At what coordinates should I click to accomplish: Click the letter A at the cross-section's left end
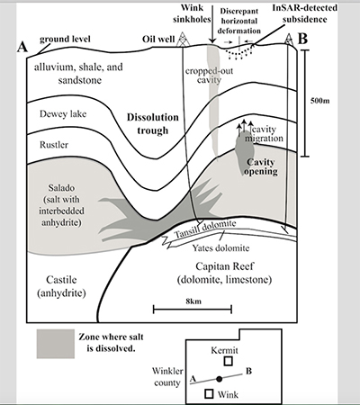[22, 47]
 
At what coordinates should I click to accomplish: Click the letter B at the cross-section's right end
[302, 39]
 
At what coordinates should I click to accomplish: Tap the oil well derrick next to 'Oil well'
[183, 40]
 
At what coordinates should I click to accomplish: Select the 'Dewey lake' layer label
[63, 114]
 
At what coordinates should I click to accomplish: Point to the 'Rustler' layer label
[54, 145]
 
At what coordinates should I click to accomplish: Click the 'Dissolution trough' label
[153, 123]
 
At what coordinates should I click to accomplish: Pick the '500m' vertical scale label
[319, 101]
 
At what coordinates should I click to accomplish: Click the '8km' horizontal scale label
[193, 301]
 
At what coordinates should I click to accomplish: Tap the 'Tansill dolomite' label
[205, 229]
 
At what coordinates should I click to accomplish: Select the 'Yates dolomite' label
[220, 248]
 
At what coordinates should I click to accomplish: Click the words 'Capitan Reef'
[225, 266]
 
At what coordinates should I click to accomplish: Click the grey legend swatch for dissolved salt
[56, 344]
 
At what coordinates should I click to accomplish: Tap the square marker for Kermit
[229, 361]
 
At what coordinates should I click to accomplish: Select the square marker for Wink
[209, 393]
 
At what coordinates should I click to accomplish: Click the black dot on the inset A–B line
[220, 379]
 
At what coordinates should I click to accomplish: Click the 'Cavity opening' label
[261, 166]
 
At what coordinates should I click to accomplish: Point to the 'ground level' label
[65, 39]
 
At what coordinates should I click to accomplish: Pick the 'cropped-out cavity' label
[209, 76]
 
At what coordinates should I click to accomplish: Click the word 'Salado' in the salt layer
[61, 188]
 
